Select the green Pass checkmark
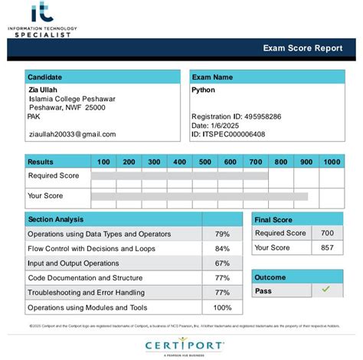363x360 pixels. [325, 290]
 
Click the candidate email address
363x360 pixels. [71, 134]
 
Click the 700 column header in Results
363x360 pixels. [256, 162]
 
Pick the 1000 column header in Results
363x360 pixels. [332, 162]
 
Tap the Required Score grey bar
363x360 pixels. [179, 175]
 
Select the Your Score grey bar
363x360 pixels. [199, 196]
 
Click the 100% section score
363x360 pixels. [222, 307]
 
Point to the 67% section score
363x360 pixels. [222, 263]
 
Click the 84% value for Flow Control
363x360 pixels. [222, 249]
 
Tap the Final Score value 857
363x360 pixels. [327, 247]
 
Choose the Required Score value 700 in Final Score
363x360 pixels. [327, 234]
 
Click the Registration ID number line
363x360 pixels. [236, 116]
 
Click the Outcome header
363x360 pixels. [270, 277]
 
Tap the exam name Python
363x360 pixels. [203, 90]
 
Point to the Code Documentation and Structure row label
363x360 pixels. [85, 278]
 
